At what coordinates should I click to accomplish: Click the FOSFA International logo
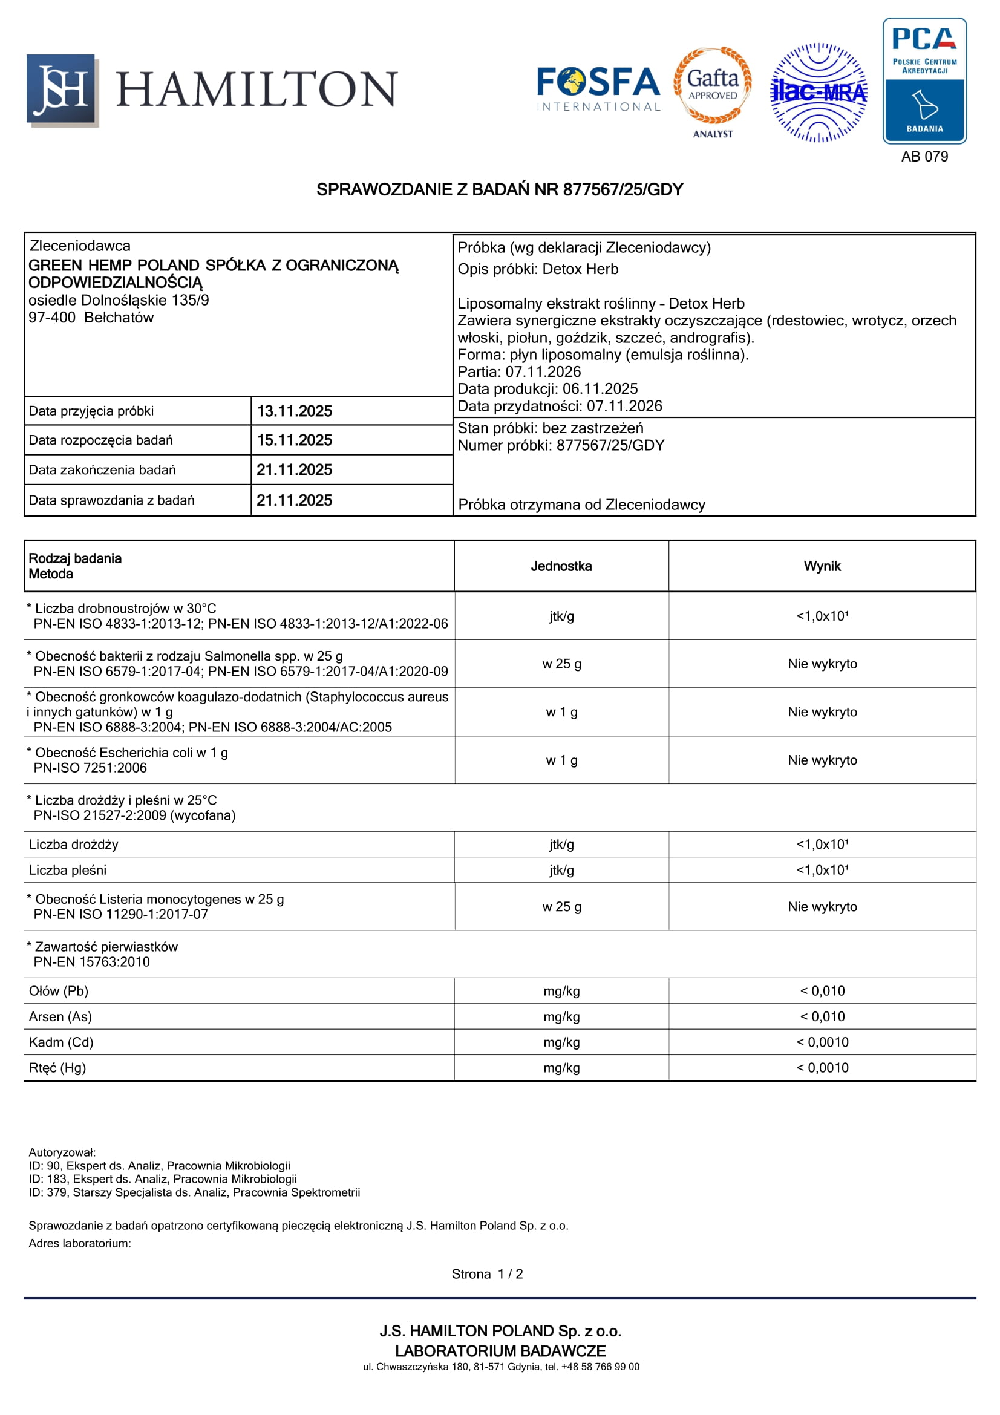598,90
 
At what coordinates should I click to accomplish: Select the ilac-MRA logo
819,93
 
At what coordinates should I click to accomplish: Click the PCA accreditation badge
924,80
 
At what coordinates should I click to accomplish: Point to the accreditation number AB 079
924,157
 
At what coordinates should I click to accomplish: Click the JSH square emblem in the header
62,90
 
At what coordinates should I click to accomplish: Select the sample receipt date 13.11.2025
294,411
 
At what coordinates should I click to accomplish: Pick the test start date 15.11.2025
294,440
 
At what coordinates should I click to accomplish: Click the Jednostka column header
561,566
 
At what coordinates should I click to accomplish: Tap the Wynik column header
822,566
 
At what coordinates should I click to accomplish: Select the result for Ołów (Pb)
822,991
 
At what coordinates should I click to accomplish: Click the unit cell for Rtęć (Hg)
561,1068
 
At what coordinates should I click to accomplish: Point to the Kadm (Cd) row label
61,1042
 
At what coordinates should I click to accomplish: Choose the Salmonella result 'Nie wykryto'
822,664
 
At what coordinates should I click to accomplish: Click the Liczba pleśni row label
67,870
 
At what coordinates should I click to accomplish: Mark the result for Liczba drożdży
822,845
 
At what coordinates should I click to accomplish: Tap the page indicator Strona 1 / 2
487,1274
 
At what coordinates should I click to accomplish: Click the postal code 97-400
52,318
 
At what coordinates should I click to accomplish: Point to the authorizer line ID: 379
194,1192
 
